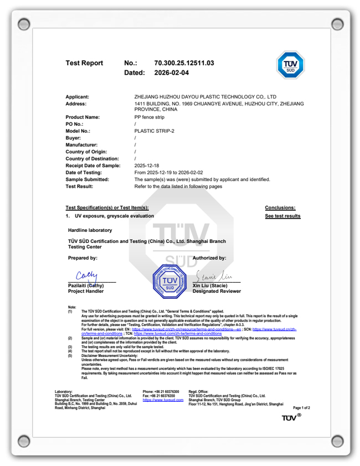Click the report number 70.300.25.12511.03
click(x=184, y=63)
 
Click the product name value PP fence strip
click(x=149, y=117)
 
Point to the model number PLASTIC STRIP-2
click(x=155, y=131)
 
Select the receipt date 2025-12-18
click(x=147, y=165)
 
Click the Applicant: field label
click(x=78, y=97)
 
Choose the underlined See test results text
click(x=282, y=216)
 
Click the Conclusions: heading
click(x=280, y=208)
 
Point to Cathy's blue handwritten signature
click(x=86, y=275)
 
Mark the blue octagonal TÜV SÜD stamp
click(x=170, y=281)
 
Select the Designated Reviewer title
click(x=217, y=291)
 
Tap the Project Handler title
click(x=86, y=291)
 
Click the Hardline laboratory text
click(x=90, y=230)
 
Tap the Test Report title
click(x=84, y=63)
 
